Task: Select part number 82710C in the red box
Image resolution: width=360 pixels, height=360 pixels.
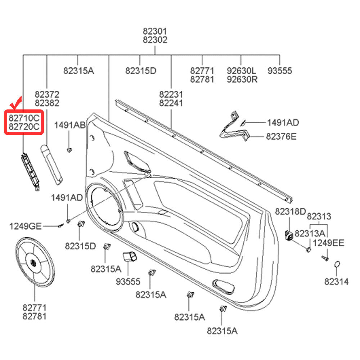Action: (24, 117)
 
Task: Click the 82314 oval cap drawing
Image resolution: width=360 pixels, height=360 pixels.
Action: (337, 265)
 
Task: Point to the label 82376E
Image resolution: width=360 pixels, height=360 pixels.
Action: (282, 137)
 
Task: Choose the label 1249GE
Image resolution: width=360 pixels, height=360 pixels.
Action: (25, 226)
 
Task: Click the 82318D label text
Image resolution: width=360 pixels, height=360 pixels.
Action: (290, 211)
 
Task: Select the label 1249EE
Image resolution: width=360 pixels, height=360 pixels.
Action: (328, 243)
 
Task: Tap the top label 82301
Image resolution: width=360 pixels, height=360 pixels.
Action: (155, 31)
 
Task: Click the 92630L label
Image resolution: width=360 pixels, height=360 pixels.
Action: (242, 71)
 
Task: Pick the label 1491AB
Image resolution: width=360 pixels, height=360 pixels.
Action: (70, 125)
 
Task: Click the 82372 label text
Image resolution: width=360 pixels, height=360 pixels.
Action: (47, 94)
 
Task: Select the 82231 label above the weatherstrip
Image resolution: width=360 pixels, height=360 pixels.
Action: (171, 94)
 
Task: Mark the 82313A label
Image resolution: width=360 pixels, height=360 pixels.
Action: (310, 233)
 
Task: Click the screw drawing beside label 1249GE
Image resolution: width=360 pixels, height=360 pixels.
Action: (60, 226)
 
